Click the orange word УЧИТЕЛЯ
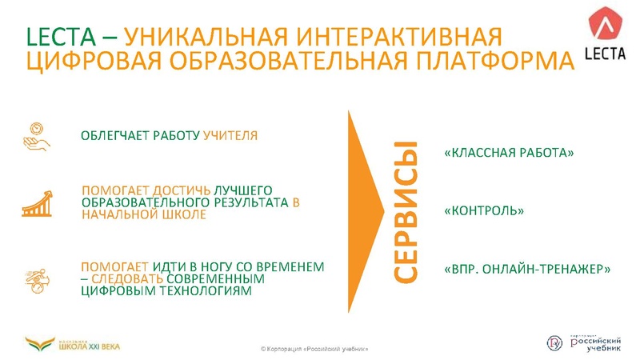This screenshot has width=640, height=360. (x=230, y=135)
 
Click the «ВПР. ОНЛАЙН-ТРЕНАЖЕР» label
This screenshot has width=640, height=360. (x=527, y=269)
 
